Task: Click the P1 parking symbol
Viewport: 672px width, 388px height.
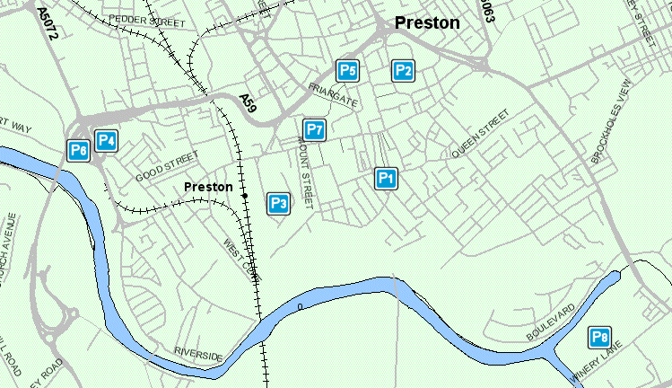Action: coord(386,179)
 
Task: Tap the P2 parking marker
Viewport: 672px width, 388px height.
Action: coord(404,70)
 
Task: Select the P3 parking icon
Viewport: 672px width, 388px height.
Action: coord(278,203)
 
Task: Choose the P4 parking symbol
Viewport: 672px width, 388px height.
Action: coord(107,140)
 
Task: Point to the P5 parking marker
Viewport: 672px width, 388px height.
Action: coord(347,70)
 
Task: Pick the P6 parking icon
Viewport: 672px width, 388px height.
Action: coord(79,151)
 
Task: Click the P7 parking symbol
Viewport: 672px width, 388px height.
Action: coord(313,129)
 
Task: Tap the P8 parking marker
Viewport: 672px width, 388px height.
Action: coord(599,338)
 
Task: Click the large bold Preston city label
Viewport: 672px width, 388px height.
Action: coord(428,23)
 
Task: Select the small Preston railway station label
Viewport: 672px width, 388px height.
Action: coord(208,187)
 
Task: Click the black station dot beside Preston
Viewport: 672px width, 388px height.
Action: coord(243,194)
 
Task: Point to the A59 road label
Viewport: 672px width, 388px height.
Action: coord(248,102)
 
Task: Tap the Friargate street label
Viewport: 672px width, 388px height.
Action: coord(332,95)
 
